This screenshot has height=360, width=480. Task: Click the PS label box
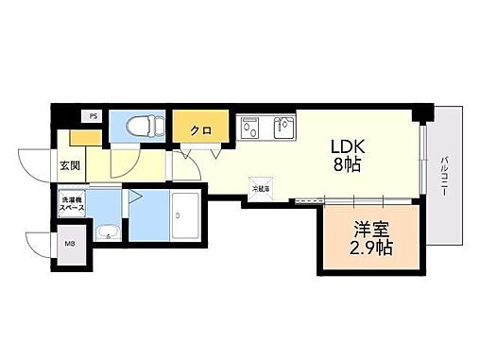tap(93, 116)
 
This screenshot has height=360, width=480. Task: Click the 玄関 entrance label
tap(71, 165)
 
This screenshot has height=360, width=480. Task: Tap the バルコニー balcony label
tap(444, 176)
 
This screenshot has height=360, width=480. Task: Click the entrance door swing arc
tap(38, 163)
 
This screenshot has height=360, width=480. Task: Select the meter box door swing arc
tap(40, 244)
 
